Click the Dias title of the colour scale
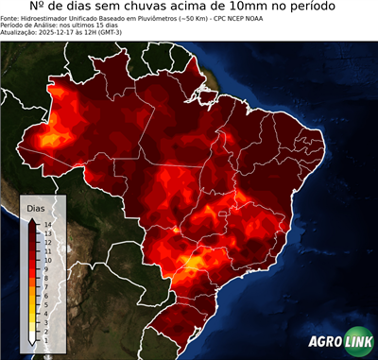[x=36, y=207]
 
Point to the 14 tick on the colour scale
[x=45, y=224]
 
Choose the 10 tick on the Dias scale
[x=45, y=256]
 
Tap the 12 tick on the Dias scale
[x=45, y=240]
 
